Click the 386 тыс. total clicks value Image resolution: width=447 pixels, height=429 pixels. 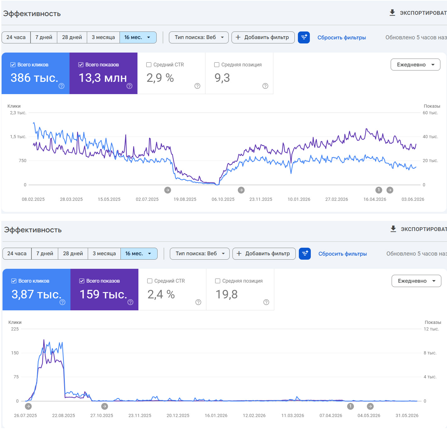[x=34, y=78]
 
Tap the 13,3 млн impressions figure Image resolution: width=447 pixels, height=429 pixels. [x=103, y=78]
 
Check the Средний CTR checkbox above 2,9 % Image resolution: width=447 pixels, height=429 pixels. [x=148, y=65]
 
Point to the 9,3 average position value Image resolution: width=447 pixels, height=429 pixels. [x=222, y=78]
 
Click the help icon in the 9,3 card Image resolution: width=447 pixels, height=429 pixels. [x=265, y=86]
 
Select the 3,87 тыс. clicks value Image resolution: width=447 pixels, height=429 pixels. [x=36, y=294]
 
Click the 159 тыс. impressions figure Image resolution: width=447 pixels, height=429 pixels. [x=103, y=294]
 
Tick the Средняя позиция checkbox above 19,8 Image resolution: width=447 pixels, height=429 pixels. [x=218, y=281]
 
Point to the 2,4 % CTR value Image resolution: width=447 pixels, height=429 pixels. [x=161, y=294]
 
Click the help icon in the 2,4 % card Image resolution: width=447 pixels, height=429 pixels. [x=198, y=302]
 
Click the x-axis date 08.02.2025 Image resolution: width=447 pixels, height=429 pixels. [x=33, y=199]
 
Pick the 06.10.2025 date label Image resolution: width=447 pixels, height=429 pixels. [x=223, y=199]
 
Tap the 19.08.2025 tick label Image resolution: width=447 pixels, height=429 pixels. [x=185, y=199]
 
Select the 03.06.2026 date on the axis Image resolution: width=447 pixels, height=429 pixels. [x=412, y=199]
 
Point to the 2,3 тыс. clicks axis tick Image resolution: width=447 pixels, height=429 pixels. [x=18, y=113]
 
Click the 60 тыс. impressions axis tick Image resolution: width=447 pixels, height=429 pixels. [x=430, y=113]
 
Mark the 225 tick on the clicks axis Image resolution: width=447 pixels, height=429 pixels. [x=15, y=329]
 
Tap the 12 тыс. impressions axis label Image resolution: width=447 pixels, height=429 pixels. [x=431, y=329]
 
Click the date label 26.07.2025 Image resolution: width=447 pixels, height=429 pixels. [x=25, y=415]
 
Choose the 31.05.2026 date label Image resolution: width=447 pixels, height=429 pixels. [x=407, y=415]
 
